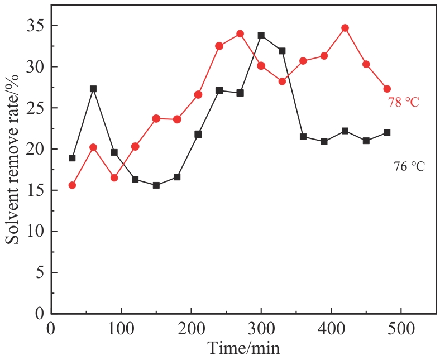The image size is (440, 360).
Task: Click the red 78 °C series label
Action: click(x=404, y=103)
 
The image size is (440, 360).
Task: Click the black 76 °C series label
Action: click(x=410, y=166)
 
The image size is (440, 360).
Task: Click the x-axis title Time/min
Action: click(x=243, y=348)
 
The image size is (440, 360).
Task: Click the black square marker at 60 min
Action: click(x=93, y=89)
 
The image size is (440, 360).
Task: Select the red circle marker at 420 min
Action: click(x=345, y=28)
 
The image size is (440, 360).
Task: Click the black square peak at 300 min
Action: click(x=261, y=35)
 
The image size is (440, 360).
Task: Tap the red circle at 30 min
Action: click(x=72, y=185)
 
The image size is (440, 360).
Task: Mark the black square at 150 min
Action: click(x=156, y=185)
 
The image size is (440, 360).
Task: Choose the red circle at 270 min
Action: click(x=240, y=33)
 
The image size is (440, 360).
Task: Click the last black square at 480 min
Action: click(x=387, y=132)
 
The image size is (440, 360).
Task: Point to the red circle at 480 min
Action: click(x=387, y=89)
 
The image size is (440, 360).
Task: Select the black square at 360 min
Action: click(x=303, y=137)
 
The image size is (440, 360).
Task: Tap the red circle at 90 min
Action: click(x=114, y=177)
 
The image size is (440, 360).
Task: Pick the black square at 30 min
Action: click(x=72, y=158)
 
